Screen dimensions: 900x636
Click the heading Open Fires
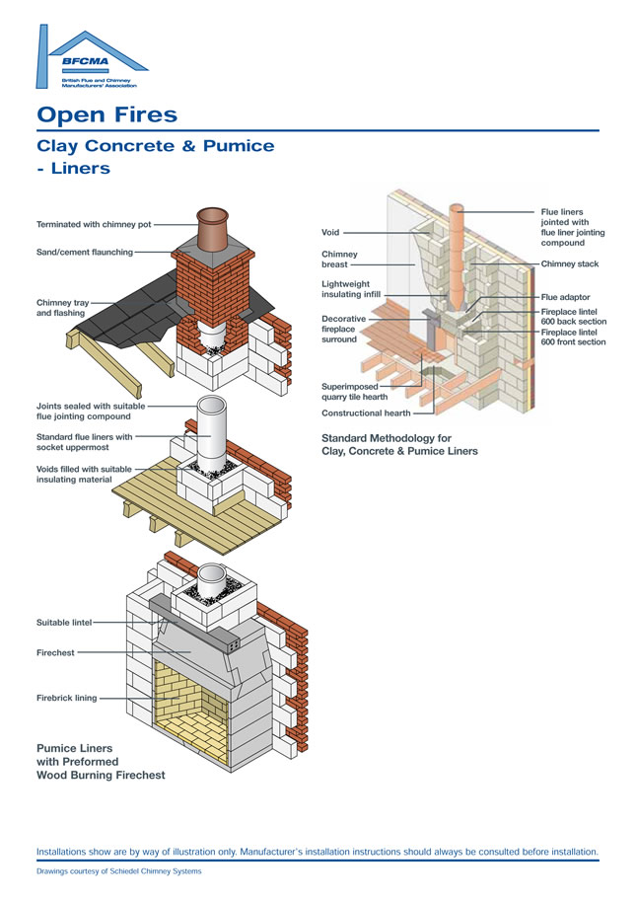(x=106, y=114)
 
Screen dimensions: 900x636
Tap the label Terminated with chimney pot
(x=94, y=225)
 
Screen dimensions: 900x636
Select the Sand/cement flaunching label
(x=85, y=253)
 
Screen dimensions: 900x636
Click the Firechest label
(x=55, y=652)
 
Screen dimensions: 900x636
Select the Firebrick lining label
(x=67, y=698)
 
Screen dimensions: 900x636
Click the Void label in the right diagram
(x=330, y=233)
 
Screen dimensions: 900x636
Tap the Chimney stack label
(x=569, y=264)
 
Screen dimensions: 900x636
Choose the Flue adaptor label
(x=565, y=297)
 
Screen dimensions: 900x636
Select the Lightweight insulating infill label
(x=351, y=288)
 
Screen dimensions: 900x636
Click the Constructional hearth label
(x=366, y=413)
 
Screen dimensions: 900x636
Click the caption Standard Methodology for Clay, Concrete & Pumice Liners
(x=399, y=444)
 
